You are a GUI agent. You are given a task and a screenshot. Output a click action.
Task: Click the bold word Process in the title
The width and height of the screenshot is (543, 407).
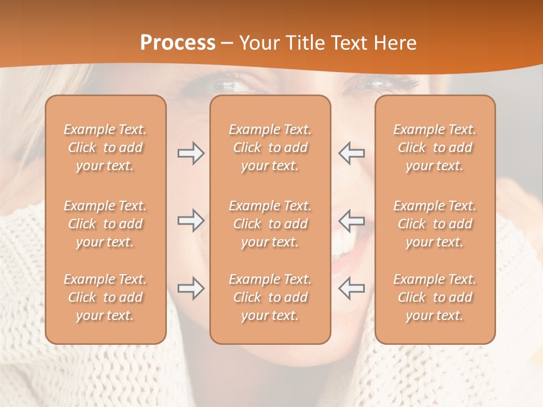178,43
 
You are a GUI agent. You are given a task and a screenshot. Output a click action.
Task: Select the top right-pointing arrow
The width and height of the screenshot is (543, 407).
191,153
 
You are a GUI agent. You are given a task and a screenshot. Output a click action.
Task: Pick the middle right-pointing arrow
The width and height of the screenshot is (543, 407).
191,220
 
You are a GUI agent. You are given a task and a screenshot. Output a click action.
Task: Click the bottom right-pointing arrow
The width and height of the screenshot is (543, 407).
191,288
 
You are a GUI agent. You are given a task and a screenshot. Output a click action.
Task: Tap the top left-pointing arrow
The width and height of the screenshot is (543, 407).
351,153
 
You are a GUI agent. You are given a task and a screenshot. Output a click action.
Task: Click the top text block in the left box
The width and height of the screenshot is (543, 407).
105,148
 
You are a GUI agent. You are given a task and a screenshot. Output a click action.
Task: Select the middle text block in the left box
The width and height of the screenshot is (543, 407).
105,224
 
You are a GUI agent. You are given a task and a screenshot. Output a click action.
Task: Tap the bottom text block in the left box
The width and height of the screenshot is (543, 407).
105,297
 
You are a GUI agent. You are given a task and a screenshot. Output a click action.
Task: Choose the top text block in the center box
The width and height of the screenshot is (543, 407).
270,148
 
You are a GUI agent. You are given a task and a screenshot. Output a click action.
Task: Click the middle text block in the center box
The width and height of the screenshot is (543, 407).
270,224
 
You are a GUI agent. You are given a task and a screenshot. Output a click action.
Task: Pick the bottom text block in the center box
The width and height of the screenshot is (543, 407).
270,297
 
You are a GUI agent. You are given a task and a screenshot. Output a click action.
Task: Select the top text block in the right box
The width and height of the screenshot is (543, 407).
434,148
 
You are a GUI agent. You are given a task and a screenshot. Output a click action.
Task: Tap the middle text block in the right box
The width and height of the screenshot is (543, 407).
434,224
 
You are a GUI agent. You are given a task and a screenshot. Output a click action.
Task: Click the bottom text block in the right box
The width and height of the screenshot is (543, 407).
434,297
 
